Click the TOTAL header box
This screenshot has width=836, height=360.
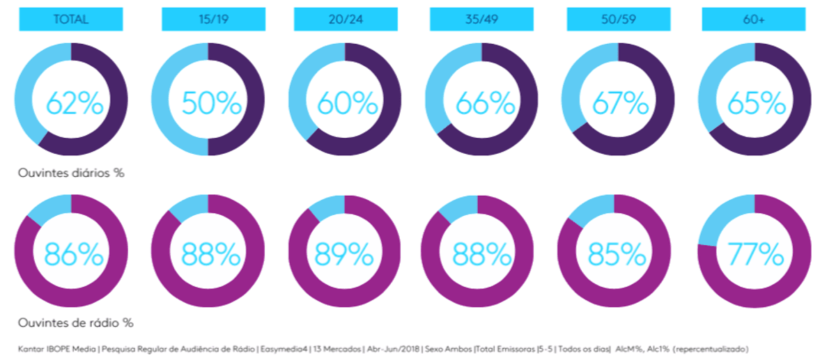(x=71, y=19)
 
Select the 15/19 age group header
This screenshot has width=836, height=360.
(x=213, y=19)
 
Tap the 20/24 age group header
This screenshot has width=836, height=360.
(x=346, y=19)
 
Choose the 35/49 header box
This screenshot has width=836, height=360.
(x=481, y=19)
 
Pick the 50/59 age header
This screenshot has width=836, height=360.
(x=619, y=19)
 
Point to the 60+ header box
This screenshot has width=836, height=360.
(x=754, y=19)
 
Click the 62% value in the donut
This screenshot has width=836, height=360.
(x=75, y=103)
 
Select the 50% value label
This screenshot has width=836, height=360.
(x=212, y=103)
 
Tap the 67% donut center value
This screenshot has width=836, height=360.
(x=621, y=103)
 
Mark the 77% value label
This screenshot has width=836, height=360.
(x=756, y=254)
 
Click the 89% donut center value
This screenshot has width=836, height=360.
(x=344, y=254)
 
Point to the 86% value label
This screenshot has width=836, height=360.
(x=74, y=254)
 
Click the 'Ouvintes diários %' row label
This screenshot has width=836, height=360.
(x=71, y=173)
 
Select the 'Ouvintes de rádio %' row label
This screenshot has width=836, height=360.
(x=76, y=322)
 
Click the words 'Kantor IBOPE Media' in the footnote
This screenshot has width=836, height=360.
(x=56, y=349)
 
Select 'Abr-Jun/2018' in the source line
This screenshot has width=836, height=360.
(x=394, y=349)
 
